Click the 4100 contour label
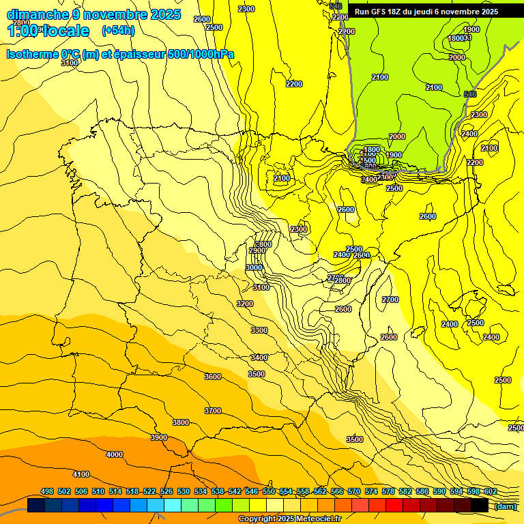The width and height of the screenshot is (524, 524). coord(81,474)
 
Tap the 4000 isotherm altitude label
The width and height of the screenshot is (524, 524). coord(115,454)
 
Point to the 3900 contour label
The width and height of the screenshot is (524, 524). coord(159,437)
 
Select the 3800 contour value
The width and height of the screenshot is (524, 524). coord(181,422)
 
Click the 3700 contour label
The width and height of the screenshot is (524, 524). coord(213,411)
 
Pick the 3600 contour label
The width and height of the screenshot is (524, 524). coord(213,377)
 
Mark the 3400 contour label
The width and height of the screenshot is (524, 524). coord(259,358)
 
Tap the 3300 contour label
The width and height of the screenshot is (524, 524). coord(259,330)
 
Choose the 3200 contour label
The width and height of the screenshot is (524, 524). coord(245,304)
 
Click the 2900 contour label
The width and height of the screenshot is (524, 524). coord(257,250)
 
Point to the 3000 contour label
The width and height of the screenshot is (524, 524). coord(254,268)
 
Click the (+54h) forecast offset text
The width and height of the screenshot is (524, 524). coord(118,30)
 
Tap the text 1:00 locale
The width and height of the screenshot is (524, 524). coord(48,31)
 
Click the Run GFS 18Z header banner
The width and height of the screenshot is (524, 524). coord(435,12)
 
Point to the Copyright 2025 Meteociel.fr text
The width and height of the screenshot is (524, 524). coord(289,519)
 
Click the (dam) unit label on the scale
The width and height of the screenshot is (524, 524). coord(505,506)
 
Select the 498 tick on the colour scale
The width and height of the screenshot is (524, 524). coord(47,491)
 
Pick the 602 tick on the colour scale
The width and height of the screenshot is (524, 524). coord(490,491)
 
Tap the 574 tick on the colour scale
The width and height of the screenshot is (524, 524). coord(371,491)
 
